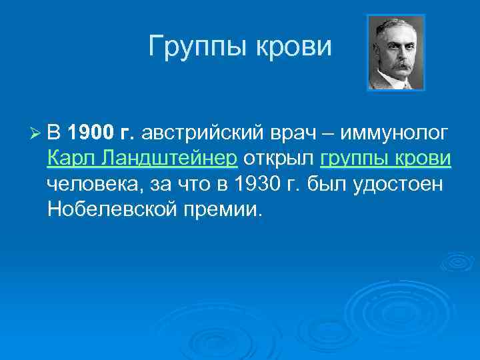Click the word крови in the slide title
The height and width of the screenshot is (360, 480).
[295, 47]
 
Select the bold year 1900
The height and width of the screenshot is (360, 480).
[91, 132]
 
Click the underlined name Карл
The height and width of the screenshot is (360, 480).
[68, 158]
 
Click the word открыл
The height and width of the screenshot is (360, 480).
[278, 158]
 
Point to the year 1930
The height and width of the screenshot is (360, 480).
[250, 184]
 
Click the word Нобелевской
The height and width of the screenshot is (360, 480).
[106, 210]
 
